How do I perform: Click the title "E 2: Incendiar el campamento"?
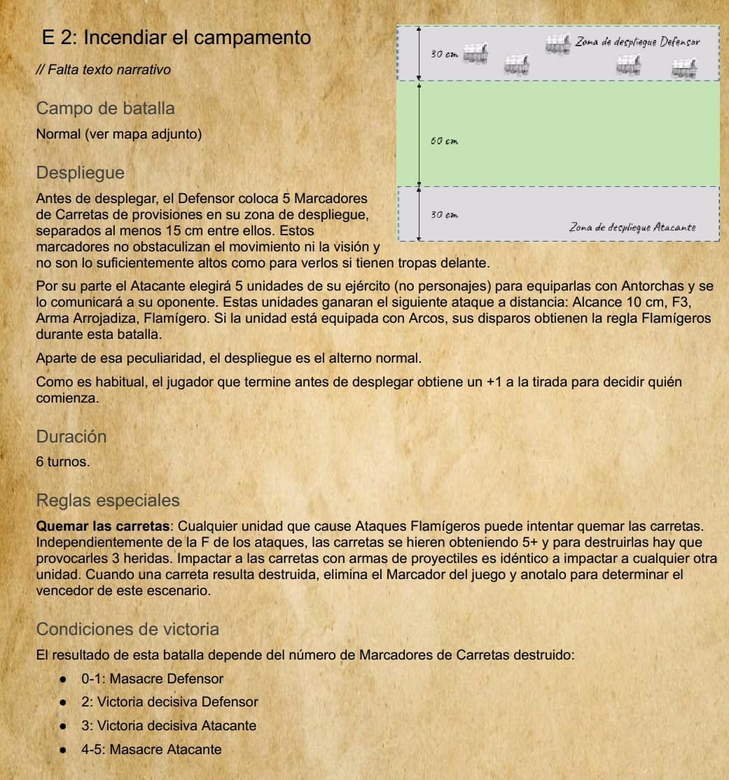176,37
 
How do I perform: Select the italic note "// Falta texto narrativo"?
103,70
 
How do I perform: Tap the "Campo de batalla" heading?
105,109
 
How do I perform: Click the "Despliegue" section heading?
81,172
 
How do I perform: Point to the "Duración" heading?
71,436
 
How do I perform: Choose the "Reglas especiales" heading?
108,501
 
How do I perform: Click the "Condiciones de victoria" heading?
127,629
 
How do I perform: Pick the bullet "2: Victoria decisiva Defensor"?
169,702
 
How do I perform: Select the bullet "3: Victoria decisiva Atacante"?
168,725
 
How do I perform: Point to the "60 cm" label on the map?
444,142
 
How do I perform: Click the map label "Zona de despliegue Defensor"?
637,42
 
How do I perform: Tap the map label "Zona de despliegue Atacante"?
632,227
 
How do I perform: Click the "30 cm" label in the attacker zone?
444,215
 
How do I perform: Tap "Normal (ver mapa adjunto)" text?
119,134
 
